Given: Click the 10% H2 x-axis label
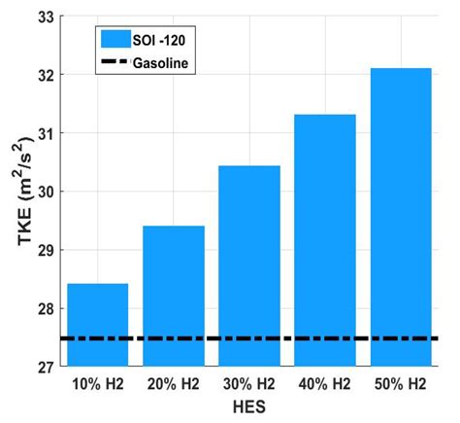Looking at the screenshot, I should pos(98,384).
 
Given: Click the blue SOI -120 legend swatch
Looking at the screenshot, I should pos(117,40).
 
